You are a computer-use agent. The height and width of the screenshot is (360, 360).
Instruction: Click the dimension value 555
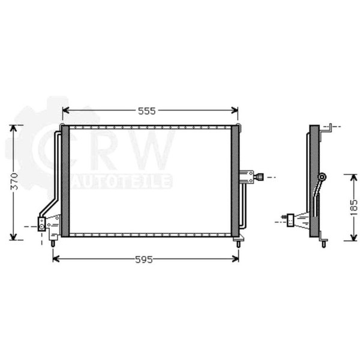coord(147,111)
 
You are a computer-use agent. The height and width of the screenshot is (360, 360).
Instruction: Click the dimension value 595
coord(144,260)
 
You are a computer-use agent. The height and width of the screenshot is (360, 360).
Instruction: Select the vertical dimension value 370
coord(14,181)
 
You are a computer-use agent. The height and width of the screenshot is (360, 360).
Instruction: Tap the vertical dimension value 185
coord(354,208)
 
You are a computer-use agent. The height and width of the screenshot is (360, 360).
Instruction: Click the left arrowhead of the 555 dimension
coord(65,110)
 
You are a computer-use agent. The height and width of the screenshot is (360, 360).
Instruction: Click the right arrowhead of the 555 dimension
coord(235,110)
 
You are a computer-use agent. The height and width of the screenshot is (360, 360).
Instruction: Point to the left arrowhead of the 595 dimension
coord(56,259)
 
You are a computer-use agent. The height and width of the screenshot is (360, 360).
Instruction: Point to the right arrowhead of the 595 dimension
coord(236,259)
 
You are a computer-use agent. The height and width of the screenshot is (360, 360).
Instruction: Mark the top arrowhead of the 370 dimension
coord(14,128)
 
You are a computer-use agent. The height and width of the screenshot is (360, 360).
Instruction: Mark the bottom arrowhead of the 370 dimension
coord(14,237)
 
